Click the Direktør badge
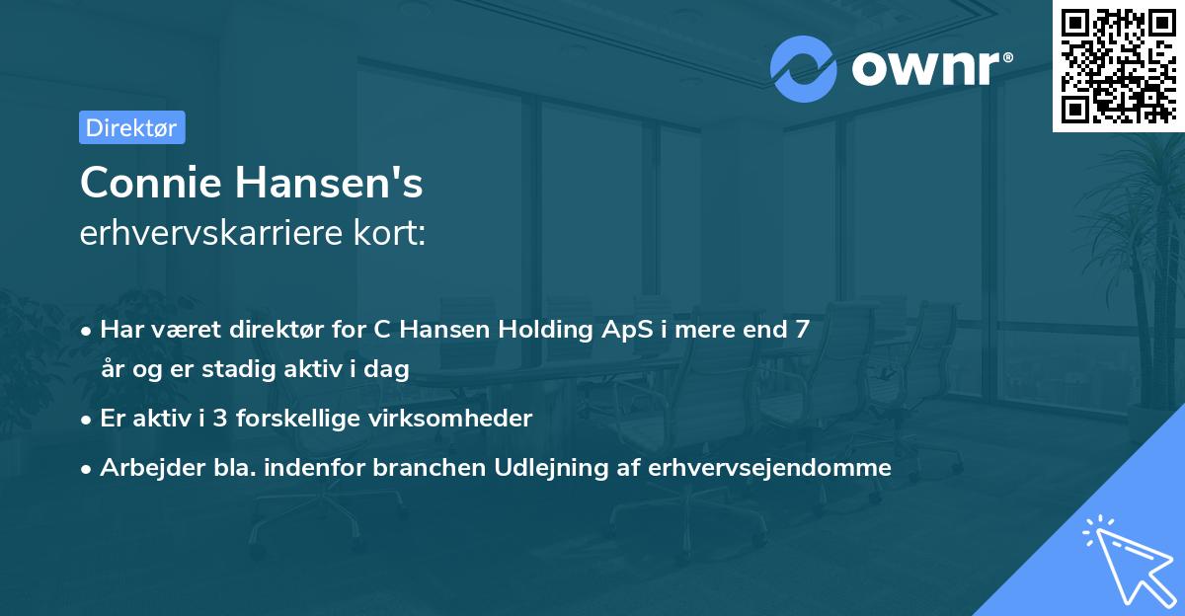[131, 127]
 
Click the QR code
[1119, 65]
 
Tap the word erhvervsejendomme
[769, 467]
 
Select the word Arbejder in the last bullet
[145, 467]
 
